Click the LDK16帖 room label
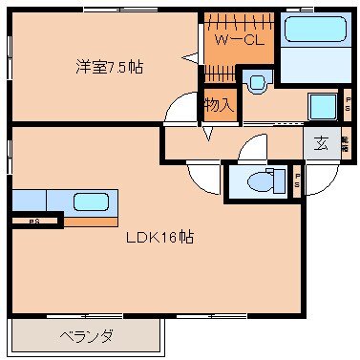[159, 238]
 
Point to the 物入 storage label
[219, 105]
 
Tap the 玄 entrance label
[321, 144]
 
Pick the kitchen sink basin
[91, 202]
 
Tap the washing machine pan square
[323, 106]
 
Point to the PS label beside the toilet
[298, 180]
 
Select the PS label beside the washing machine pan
[347, 104]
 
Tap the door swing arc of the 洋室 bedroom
[181, 114]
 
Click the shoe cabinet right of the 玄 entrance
[345, 144]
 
